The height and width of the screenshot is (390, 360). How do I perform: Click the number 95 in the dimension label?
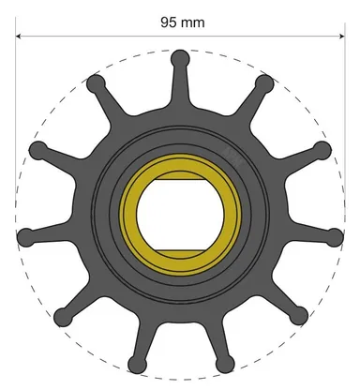[170, 19]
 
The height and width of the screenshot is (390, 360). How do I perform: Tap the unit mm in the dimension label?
[193, 19]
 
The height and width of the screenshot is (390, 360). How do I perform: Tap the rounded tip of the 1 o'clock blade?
[264, 83]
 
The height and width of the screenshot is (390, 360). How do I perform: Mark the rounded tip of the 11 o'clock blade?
[94, 83]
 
